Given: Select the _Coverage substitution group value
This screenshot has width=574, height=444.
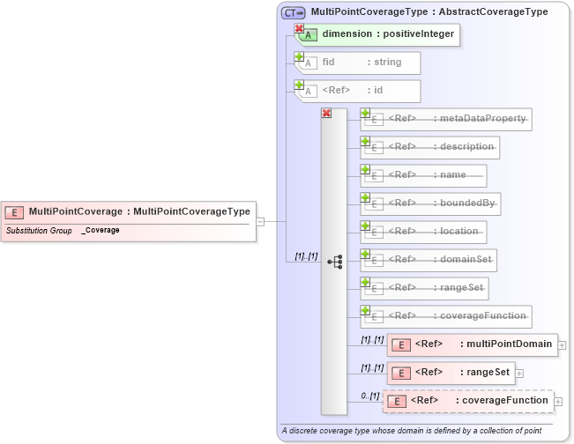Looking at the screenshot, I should [x=101, y=231].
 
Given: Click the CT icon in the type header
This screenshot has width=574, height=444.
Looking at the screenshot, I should [x=293, y=12].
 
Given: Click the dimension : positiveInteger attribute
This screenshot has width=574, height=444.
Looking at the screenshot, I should [x=388, y=34].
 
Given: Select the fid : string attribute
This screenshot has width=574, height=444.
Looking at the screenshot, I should [x=362, y=63].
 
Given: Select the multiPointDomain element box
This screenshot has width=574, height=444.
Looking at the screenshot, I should [x=474, y=344].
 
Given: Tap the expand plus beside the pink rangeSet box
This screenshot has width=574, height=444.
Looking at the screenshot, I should [x=519, y=374].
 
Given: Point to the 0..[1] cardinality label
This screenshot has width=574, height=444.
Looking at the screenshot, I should [x=370, y=396].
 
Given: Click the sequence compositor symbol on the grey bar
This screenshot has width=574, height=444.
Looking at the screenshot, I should [x=334, y=262].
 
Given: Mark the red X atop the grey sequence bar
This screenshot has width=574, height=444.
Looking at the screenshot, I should [x=326, y=114].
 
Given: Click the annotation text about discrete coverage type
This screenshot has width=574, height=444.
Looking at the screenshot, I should [x=410, y=431].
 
